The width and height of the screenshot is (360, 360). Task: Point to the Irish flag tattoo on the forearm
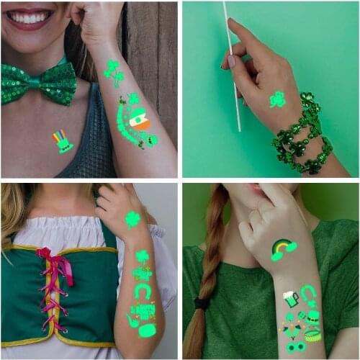coord(140,120)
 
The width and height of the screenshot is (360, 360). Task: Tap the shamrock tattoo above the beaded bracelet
coord(277,99)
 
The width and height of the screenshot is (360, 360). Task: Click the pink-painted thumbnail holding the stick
coord(230,62)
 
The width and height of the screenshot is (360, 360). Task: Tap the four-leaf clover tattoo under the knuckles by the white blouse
coord(132,219)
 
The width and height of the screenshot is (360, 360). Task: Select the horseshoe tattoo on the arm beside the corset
coord(143,290)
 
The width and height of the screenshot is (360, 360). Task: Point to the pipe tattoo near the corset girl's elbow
coord(134,323)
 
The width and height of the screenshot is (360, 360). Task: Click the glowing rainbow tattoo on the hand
coord(283,249)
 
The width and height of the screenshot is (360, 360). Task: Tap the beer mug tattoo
coord(289,298)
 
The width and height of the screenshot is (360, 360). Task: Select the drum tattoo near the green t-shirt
coord(312,335)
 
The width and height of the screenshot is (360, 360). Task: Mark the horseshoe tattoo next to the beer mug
coord(309,293)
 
